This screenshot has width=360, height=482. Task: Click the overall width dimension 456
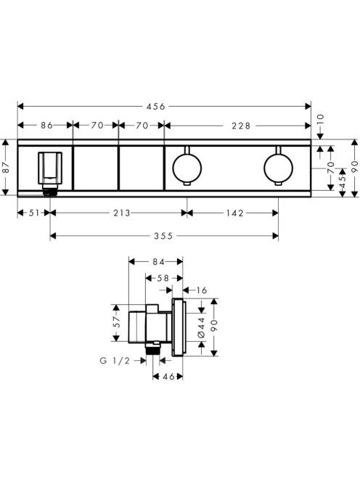[x=155, y=107]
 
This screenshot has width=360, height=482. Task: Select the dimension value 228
[x=242, y=126]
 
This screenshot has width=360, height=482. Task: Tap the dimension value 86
[x=46, y=126]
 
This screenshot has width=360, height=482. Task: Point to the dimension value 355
[x=163, y=236]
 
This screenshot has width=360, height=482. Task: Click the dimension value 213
[x=122, y=213]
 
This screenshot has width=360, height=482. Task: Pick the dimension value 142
[x=235, y=213]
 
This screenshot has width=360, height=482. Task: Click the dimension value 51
[x=34, y=213]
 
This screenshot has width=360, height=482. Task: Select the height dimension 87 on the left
[x=6, y=168]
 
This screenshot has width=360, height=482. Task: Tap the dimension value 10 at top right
[x=320, y=118]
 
